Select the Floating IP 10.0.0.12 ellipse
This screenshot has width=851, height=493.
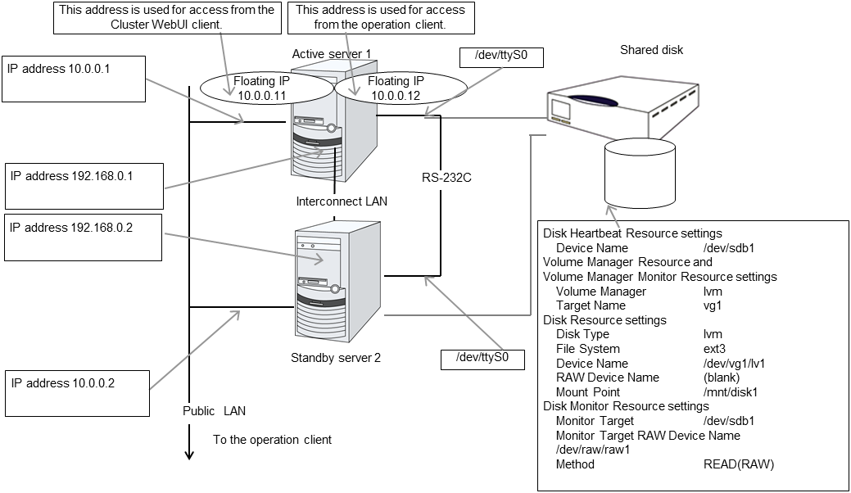point(396,88)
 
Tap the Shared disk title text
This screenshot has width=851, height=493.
point(651,50)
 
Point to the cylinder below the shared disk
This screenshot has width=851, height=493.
point(640,174)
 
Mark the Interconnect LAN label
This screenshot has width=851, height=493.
point(342,201)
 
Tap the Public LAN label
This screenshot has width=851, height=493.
point(214,411)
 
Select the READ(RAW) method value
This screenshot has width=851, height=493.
point(738,464)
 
